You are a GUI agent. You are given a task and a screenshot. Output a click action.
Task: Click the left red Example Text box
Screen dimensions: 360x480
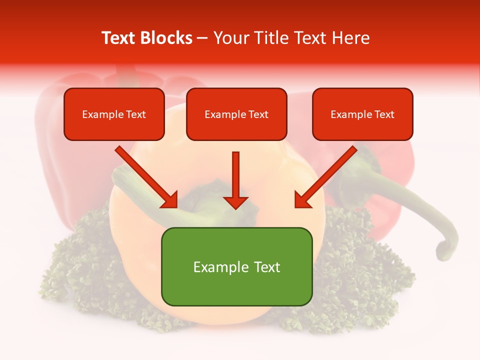[114, 114]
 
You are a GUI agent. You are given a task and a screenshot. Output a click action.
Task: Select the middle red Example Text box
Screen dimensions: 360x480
[236, 114]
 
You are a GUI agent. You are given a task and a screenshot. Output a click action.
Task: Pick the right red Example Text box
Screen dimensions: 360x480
[362, 114]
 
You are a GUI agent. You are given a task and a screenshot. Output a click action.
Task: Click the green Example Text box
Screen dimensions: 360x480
[236, 266]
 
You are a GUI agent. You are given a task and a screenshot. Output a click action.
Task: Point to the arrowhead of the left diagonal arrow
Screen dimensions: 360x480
[170, 200]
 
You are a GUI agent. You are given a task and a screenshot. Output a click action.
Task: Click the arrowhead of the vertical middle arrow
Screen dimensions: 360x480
[235, 202]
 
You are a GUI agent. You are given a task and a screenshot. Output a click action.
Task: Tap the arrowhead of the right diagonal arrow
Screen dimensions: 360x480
[302, 200]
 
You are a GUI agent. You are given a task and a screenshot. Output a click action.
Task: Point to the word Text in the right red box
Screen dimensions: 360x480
[384, 114]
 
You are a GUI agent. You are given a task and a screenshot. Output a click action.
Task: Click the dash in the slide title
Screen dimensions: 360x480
[202, 38]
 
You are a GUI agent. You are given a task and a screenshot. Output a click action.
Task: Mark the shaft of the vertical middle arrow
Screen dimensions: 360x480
[235, 172]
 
